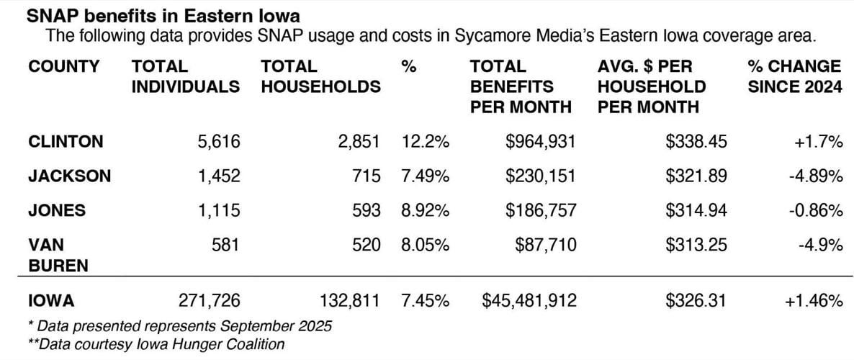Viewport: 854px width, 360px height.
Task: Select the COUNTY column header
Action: point(64,67)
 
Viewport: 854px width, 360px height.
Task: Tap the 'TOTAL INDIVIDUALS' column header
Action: point(185,77)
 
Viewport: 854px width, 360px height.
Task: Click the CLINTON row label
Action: point(65,143)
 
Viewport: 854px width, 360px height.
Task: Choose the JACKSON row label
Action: point(69,176)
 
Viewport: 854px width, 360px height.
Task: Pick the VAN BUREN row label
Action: point(58,256)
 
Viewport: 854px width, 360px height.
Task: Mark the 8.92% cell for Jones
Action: point(425,211)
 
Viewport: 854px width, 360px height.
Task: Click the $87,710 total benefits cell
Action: point(546,246)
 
